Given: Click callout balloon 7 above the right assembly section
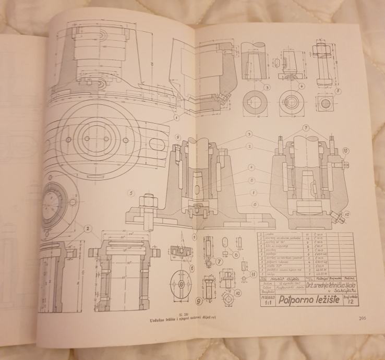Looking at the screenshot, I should point(307,128).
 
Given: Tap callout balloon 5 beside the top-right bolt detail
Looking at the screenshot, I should point(339,89).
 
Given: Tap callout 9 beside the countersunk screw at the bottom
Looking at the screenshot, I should point(199,301).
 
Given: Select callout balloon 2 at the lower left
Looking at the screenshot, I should point(89,227).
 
